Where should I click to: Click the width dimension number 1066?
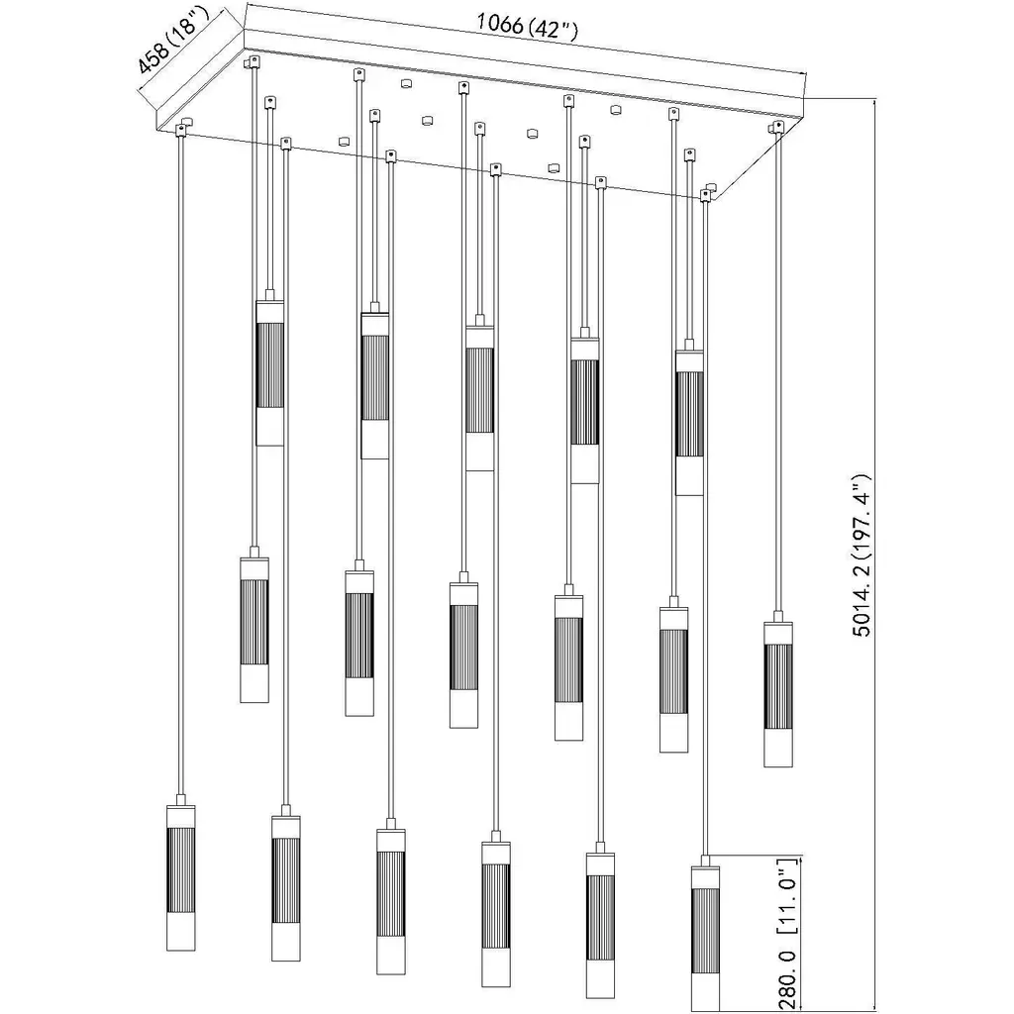click(499, 24)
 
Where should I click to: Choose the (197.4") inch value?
click(862, 514)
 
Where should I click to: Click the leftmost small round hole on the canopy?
click(344, 141)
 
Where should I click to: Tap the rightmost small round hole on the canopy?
click(616, 109)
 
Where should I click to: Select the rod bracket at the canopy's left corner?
click(183, 126)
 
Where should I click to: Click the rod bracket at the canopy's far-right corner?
click(778, 126)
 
